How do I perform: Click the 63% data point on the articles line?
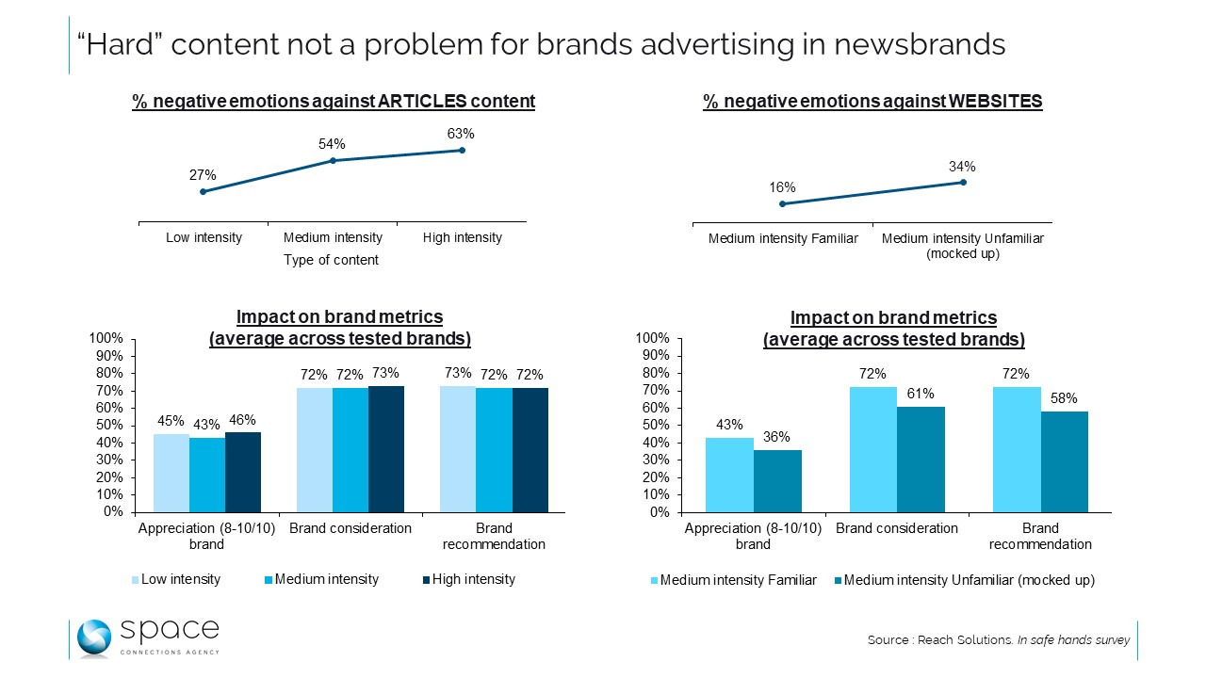click(x=462, y=150)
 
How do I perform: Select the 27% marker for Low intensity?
click(x=203, y=191)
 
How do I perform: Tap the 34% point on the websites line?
click(x=962, y=182)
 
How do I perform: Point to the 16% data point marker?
click(x=782, y=203)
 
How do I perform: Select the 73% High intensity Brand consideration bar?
click(x=386, y=449)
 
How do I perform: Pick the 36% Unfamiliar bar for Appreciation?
click(x=777, y=481)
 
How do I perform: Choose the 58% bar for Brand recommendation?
click(x=1065, y=461)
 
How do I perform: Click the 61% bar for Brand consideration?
click(x=921, y=460)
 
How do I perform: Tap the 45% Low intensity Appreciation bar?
click(x=171, y=473)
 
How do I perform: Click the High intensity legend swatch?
click(x=426, y=579)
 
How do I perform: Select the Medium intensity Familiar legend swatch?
click(x=654, y=580)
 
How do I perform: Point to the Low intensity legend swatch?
click(x=135, y=579)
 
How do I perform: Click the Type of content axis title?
click(x=331, y=260)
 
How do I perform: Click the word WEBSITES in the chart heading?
click(x=1001, y=102)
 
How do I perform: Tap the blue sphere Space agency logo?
click(x=94, y=638)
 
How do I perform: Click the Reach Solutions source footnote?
click(x=998, y=640)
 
